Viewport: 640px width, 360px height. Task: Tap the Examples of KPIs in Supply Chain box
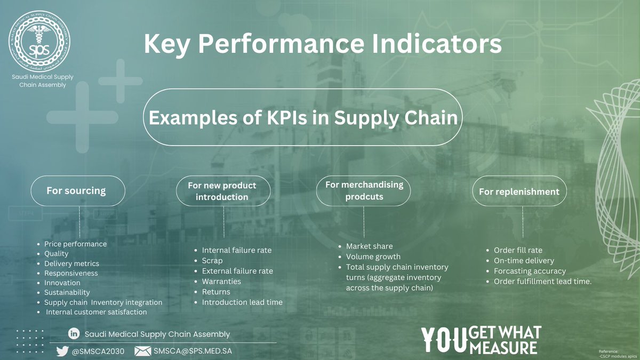[x=303, y=118]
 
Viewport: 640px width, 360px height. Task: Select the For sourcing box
[x=78, y=190]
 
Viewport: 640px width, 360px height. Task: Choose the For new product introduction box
[x=222, y=191]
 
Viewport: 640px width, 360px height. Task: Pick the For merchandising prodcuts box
[x=364, y=190]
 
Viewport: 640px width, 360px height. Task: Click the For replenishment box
[x=519, y=191]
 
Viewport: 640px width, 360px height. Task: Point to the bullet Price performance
[x=75, y=244]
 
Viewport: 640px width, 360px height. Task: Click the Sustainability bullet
[x=67, y=292]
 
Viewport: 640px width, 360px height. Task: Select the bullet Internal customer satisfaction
[x=96, y=311]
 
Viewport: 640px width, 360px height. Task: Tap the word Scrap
[x=212, y=261]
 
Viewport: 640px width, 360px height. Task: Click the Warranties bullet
[x=221, y=281]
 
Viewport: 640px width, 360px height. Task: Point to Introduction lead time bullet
[x=242, y=302]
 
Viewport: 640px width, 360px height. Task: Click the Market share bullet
[x=369, y=246]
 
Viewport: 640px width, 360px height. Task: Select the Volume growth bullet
[x=373, y=257]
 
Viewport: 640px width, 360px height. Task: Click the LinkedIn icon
[x=74, y=334]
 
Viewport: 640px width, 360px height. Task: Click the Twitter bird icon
[x=63, y=351]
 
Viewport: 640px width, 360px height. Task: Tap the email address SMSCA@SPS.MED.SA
[x=193, y=351]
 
